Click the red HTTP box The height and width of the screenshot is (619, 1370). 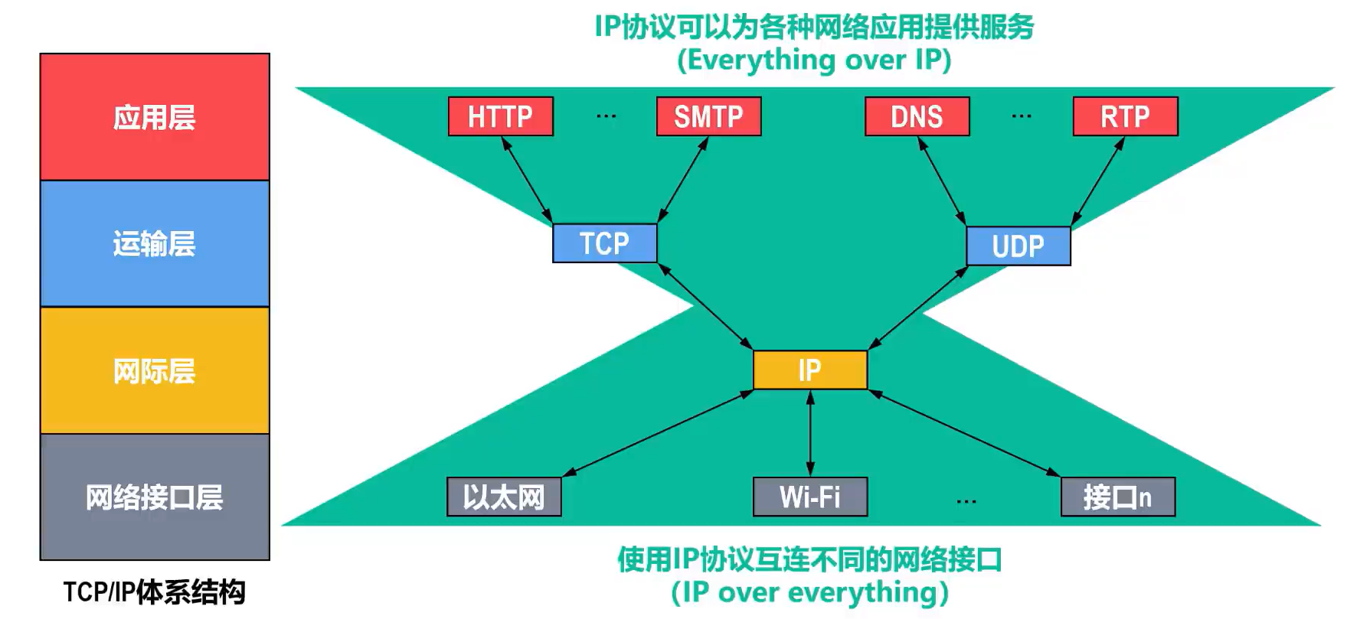501,116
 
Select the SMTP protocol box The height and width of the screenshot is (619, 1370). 709,116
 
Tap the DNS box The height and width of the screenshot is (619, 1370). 917,116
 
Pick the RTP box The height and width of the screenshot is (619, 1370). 1126,116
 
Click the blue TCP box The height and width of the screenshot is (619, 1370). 605,243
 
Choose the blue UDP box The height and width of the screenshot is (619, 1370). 1019,246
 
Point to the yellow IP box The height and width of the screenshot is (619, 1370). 810,370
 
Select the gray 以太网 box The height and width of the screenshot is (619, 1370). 504,497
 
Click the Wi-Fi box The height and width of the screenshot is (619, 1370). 810,497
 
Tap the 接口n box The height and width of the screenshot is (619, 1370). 1118,497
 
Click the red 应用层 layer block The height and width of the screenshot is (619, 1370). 155,117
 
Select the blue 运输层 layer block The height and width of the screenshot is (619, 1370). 155,244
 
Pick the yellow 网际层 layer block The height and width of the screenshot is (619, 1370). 155,370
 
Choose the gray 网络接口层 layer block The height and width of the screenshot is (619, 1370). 155,497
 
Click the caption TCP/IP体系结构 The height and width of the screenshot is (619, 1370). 155,592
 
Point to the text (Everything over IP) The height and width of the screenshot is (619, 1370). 814,60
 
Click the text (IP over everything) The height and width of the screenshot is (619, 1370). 810,592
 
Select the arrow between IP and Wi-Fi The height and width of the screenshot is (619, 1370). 810,433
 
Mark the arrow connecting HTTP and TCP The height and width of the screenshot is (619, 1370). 527,180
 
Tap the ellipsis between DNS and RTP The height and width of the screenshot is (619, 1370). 1022,116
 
